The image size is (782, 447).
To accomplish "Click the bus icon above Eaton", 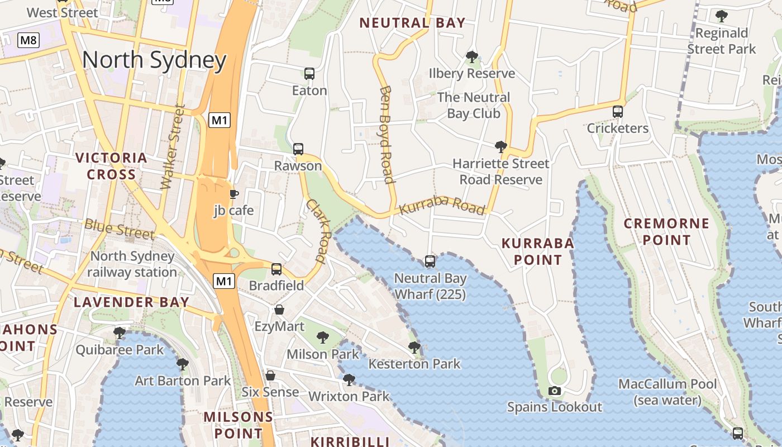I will click(309, 73).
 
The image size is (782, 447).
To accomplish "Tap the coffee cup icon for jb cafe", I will click(234, 194).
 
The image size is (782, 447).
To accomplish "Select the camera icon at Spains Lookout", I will click(554, 391).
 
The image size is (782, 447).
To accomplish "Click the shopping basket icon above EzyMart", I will click(279, 309).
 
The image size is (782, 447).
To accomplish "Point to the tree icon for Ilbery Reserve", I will click(472, 56).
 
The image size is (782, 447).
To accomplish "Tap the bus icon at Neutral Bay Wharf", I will click(430, 261).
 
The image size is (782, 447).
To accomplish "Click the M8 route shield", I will click(28, 40).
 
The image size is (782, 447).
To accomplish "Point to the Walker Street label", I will click(173, 146).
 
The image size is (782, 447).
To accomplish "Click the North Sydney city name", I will click(154, 60).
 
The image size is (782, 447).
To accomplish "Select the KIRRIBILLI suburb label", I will click(350, 441).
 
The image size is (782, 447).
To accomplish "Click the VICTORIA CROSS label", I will click(112, 166).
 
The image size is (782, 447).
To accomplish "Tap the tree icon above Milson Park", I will click(322, 337).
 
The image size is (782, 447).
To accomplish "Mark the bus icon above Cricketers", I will click(617, 111).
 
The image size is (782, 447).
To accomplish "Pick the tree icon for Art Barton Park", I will click(182, 364).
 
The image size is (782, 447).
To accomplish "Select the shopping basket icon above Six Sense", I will click(270, 375).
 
